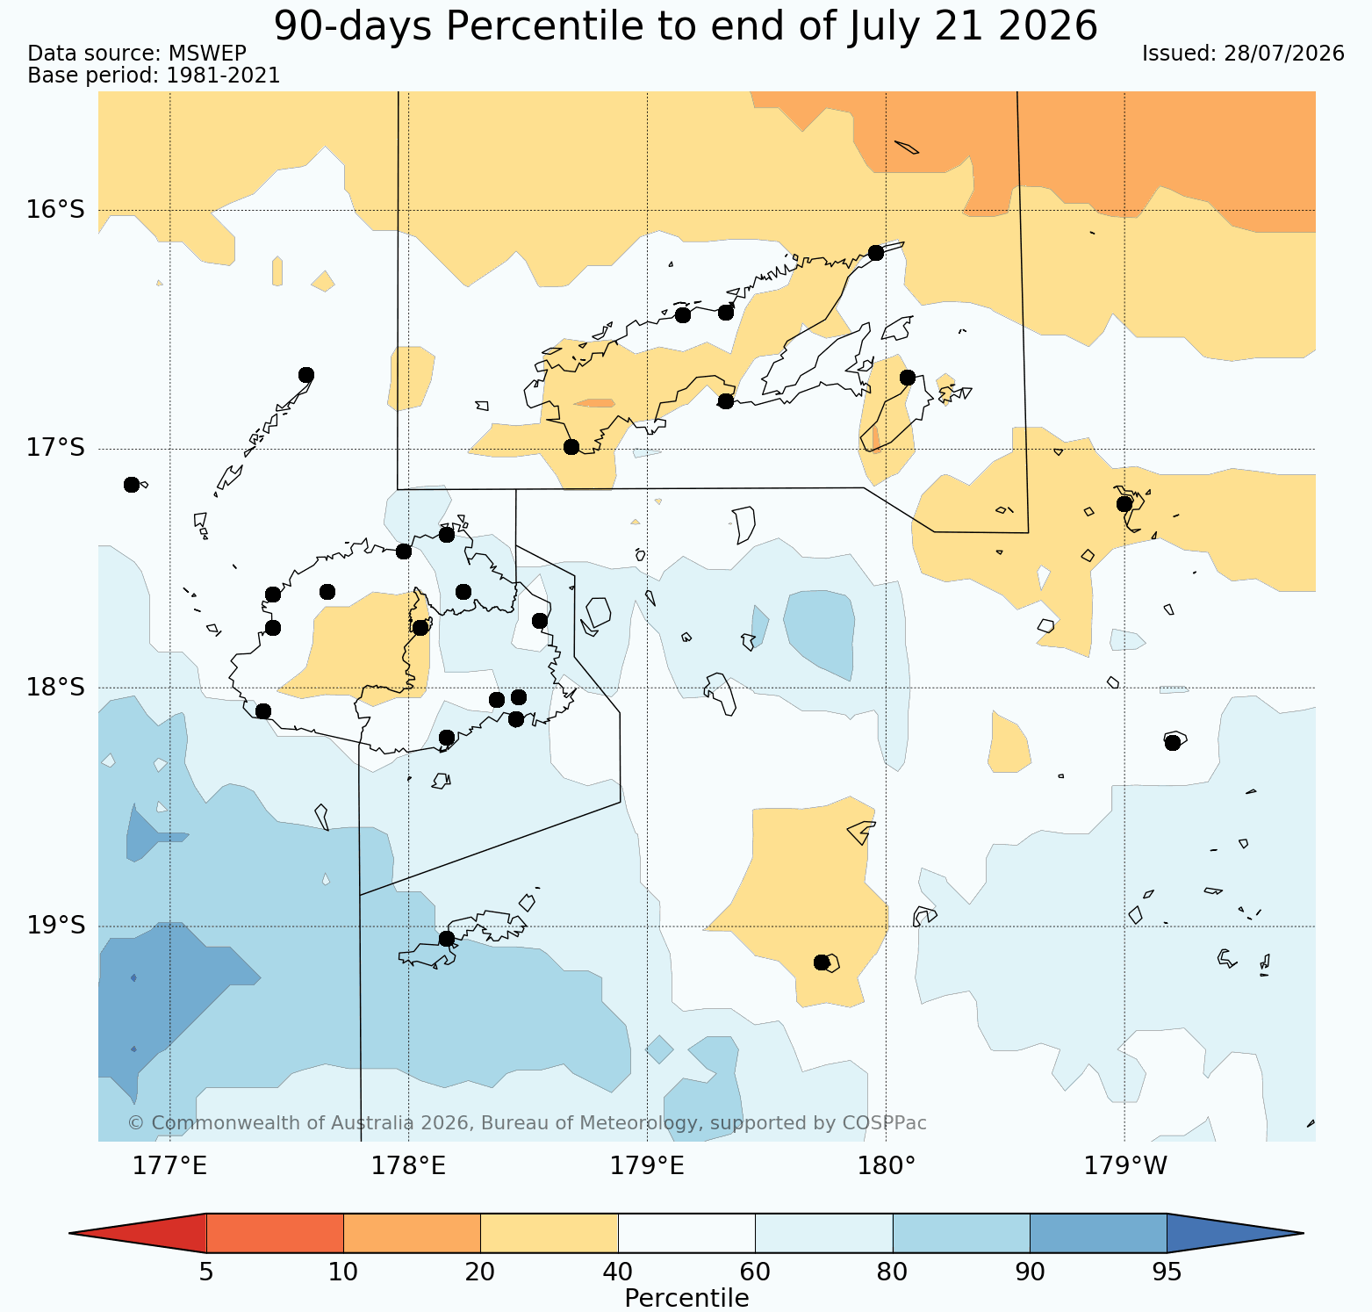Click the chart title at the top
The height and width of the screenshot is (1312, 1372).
(x=686, y=25)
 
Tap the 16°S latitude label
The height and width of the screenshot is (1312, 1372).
(x=55, y=210)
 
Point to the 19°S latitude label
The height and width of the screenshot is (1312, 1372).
(x=55, y=926)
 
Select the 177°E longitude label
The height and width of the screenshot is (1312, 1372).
(x=170, y=1166)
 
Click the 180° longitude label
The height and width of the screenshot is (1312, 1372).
(x=886, y=1166)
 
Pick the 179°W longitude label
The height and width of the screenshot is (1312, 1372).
(x=1126, y=1166)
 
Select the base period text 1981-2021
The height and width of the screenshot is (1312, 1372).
(x=223, y=76)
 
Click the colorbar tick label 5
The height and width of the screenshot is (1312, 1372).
(x=206, y=1272)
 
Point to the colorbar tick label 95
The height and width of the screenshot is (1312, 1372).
(x=1167, y=1272)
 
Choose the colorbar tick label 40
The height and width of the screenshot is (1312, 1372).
(x=618, y=1272)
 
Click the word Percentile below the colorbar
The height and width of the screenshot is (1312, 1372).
(x=686, y=1298)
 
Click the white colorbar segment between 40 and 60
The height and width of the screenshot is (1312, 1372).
(x=686, y=1233)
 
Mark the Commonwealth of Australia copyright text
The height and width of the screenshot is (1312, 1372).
(x=527, y=1123)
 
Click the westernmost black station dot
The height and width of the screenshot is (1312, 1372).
(x=132, y=485)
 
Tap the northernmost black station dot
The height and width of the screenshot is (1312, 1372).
(x=875, y=253)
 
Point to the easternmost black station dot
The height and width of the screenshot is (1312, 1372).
(x=1173, y=743)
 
